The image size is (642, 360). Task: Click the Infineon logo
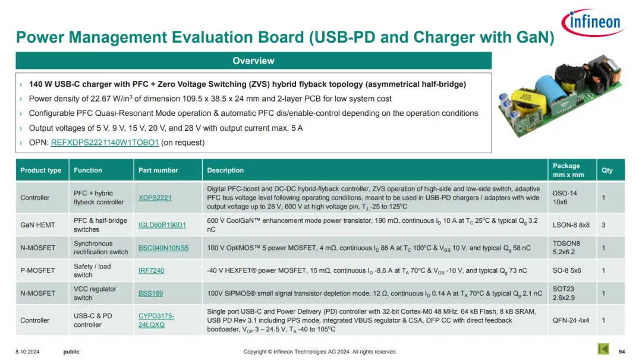(x=593, y=23)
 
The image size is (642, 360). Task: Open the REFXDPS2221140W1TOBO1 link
(x=105, y=143)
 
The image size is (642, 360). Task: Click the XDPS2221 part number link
(x=155, y=198)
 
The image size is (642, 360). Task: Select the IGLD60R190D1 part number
(x=162, y=225)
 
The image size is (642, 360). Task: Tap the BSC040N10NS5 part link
(x=163, y=248)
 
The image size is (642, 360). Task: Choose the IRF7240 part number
(x=151, y=270)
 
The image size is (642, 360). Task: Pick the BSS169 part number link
(x=150, y=293)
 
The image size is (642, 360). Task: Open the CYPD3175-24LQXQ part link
(x=156, y=320)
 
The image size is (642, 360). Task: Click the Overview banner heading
(x=253, y=61)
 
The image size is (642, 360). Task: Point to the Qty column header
(x=607, y=170)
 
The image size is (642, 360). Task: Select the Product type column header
(x=41, y=170)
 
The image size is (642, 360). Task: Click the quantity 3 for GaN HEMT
(x=603, y=225)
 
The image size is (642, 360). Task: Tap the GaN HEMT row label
(x=37, y=225)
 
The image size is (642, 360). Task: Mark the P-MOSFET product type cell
(x=37, y=270)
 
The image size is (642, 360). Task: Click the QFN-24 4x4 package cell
(x=571, y=320)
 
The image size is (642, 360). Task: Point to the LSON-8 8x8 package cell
(x=571, y=225)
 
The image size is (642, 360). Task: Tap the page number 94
(x=622, y=352)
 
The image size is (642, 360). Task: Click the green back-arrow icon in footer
(x=603, y=349)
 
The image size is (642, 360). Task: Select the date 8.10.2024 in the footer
(x=27, y=352)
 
